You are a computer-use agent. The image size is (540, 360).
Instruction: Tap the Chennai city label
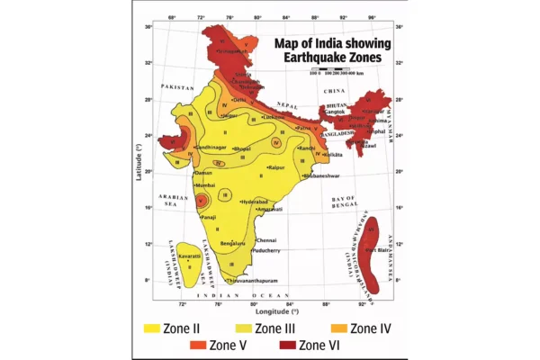266,240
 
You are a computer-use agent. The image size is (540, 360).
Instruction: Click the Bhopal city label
242,148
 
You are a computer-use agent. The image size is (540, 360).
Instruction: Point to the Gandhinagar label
209,147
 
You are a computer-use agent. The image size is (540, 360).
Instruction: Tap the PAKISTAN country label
178,86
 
